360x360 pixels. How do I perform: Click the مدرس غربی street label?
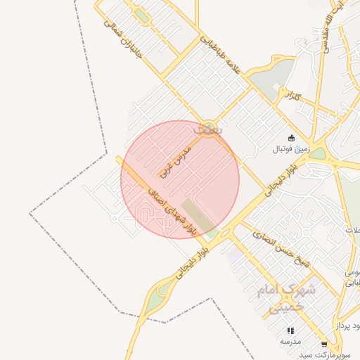point(174,159)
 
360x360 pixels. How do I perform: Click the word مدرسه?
point(290,341)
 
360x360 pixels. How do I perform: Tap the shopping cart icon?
point(323,345)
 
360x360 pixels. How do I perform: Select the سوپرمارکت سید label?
point(323,354)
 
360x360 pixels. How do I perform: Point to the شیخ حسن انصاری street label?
point(283,250)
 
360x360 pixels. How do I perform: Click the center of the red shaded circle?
point(180,179)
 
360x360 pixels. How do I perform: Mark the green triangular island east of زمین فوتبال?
point(319,154)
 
